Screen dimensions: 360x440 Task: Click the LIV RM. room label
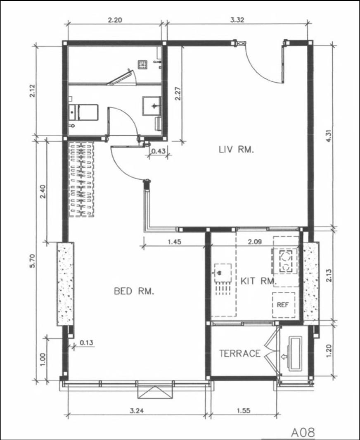[236, 149]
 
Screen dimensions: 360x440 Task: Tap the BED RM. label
[134, 291]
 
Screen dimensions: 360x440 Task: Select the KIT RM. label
[259, 281]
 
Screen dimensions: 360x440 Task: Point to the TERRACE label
[240, 353]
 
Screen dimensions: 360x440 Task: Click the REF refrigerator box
[284, 305]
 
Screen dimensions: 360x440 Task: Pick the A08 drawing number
[303, 433]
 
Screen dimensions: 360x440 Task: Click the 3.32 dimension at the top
[237, 20]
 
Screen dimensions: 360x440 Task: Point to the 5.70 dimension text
[33, 261]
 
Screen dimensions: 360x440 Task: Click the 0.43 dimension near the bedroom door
[159, 151]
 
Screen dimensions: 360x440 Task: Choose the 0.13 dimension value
[87, 342]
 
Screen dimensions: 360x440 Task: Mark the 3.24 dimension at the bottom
[137, 411]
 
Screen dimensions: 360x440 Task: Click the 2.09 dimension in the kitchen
[255, 241]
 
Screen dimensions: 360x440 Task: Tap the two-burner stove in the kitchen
[285, 261]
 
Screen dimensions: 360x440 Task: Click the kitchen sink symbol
[223, 273]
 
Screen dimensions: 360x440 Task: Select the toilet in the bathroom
[83, 112]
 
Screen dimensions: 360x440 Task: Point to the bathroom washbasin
[152, 106]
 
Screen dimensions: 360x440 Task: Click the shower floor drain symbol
[143, 65]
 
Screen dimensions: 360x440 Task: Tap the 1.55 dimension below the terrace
[243, 411]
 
